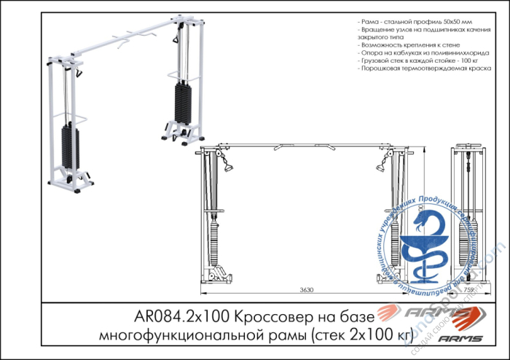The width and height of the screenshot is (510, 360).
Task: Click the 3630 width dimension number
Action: point(307,290)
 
